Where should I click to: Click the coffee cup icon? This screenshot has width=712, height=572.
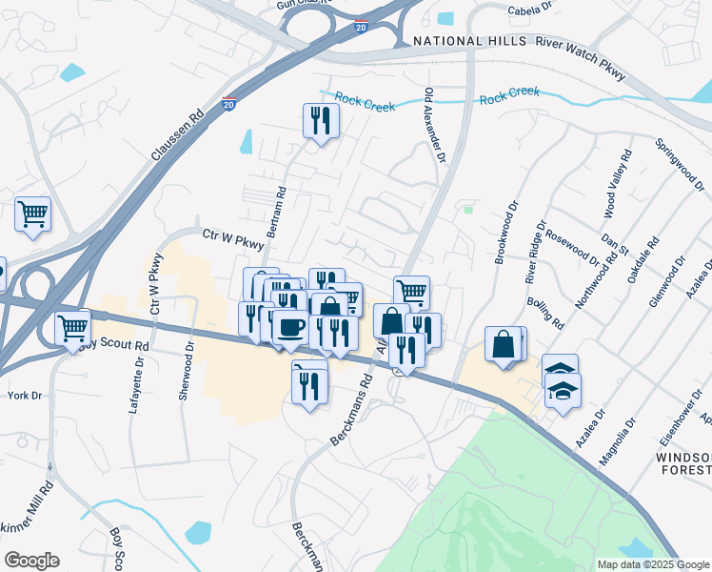pyautogui.click(x=290, y=327)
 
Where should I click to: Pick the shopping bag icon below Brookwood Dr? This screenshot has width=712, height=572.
pyautogui.click(x=503, y=344)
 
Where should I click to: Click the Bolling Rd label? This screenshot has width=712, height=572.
pyautogui.click(x=544, y=313)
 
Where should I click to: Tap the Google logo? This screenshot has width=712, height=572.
pyautogui.click(x=31, y=561)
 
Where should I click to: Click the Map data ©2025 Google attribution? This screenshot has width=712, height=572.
pyautogui.click(x=652, y=564)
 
